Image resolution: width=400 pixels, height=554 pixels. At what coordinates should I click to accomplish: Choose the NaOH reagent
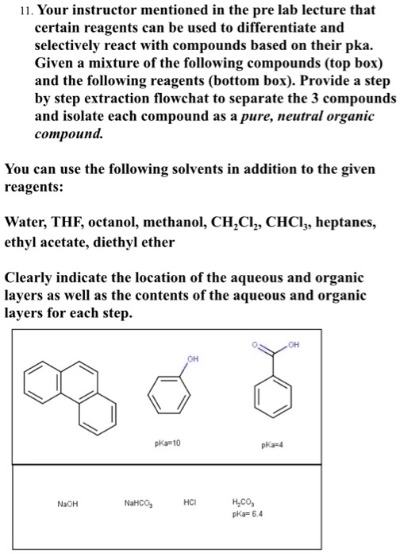coord(67,503)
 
